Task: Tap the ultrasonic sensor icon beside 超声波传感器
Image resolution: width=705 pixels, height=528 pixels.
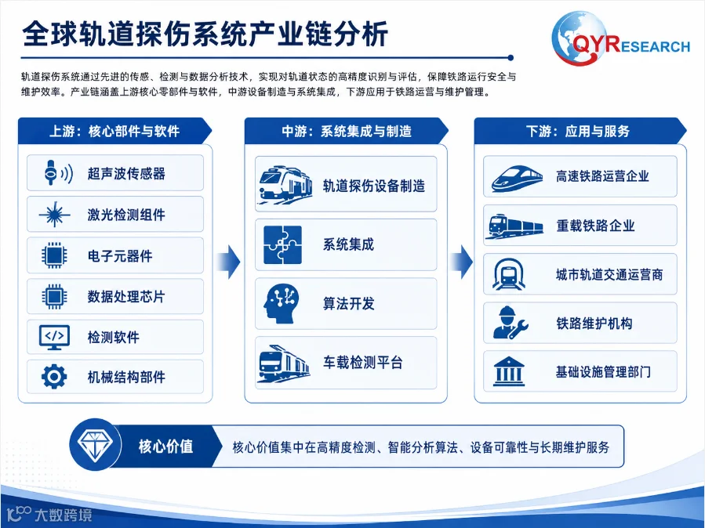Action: (58, 172)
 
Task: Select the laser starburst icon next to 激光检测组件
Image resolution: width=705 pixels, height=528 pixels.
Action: (54, 214)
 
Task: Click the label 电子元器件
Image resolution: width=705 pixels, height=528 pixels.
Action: (120, 256)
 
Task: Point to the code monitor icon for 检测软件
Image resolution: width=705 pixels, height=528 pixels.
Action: (54, 337)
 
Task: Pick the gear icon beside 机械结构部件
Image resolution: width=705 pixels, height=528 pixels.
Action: (54, 376)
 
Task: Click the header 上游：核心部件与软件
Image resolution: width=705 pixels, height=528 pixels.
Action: (114, 131)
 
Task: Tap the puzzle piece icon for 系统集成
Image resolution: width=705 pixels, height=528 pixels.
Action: (282, 244)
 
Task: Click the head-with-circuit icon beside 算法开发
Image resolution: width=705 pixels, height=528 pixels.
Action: (281, 304)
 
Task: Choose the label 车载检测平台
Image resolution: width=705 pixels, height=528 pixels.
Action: (362, 363)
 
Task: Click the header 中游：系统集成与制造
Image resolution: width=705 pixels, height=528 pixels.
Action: (346, 131)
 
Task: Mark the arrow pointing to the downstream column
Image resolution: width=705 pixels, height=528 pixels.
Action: (461, 262)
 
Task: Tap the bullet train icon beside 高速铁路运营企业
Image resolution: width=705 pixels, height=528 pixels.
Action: (516, 179)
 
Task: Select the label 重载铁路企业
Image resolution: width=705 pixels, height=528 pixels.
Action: (595, 226)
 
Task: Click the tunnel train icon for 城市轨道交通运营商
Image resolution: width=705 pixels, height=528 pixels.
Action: (508, 274)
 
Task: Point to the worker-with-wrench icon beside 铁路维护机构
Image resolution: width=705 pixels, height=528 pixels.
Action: (511, 323)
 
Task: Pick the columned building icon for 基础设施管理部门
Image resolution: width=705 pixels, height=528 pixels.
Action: (508, 371)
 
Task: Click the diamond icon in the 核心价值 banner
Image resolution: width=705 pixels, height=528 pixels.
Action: (95, 444)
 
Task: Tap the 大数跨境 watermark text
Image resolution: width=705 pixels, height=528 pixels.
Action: (64, 515)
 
